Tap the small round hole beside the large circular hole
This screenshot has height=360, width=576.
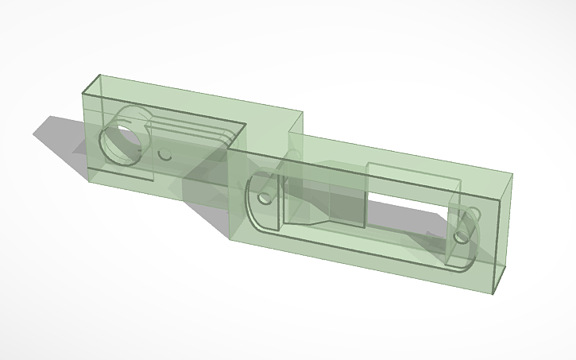pyautogui.click(x=165, y=156)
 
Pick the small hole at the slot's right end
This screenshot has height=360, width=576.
pyautogui.click(x=462, y=237)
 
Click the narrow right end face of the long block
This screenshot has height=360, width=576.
pyautogui.click(x=502, y=234)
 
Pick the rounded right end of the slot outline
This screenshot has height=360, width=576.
pyautogui.click(x=474, y=238)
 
